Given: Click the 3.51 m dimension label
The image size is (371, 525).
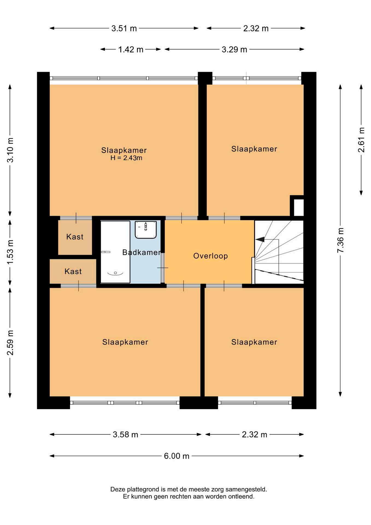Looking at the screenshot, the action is tap(124, 28).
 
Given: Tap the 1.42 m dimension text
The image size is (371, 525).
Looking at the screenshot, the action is tap(131, 49).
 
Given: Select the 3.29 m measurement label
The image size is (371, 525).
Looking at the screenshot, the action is tap(234, 49).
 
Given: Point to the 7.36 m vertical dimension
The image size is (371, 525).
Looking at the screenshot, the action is tap(340, 240).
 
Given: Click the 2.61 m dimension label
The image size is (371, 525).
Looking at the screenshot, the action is tap(361, 140).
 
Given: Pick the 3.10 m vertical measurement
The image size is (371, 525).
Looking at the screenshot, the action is tap(10, 150).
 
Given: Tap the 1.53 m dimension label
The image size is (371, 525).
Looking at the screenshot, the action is tap(10, 252).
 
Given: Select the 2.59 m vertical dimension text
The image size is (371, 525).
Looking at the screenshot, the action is tap(10, 343).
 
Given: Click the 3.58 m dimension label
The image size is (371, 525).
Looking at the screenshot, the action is tap(125, 434).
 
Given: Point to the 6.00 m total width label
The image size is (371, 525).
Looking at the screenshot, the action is tap(176, 456).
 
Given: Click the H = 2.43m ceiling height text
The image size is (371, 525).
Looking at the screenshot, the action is tap(126, 158).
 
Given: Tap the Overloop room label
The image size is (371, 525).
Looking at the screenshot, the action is tap(210, 256).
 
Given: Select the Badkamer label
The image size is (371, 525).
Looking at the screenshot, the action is tap(141, 252).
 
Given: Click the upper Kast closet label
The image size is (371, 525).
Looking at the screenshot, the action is tap(75, 237).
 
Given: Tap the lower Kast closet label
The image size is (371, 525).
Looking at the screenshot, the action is tap(73, 272).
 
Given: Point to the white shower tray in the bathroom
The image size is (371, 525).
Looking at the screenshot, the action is tap(115, 252).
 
